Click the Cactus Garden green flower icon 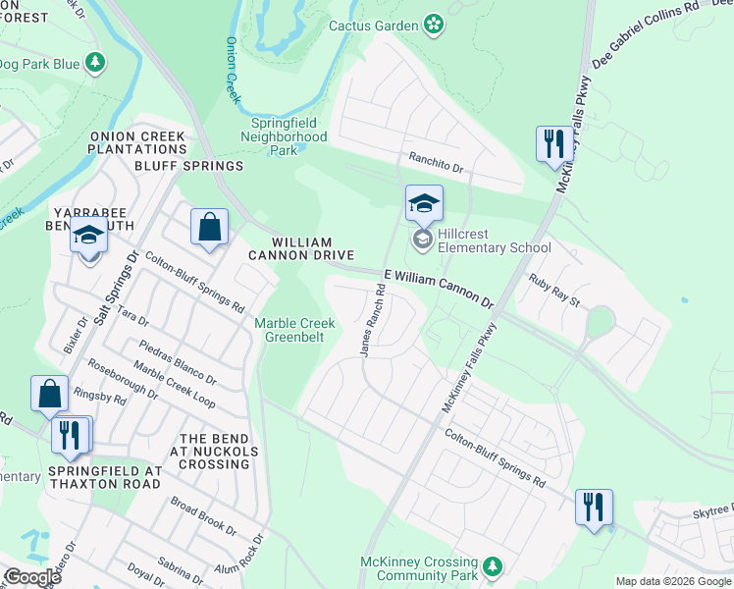(x=433, y=25)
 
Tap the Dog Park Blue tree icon (x=95, y=63)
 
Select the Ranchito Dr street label (x=435, y=157)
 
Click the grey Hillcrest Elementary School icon (x=423, y=240)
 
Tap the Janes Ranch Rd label (x=371, y=320)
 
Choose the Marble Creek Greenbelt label (x=294, y=330)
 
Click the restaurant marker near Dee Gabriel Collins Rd (x=554, y=143)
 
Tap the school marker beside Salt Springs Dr (x=88, y=235)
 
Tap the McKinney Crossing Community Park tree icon (x=494, y=566)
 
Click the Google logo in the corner (x=31, y=576)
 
